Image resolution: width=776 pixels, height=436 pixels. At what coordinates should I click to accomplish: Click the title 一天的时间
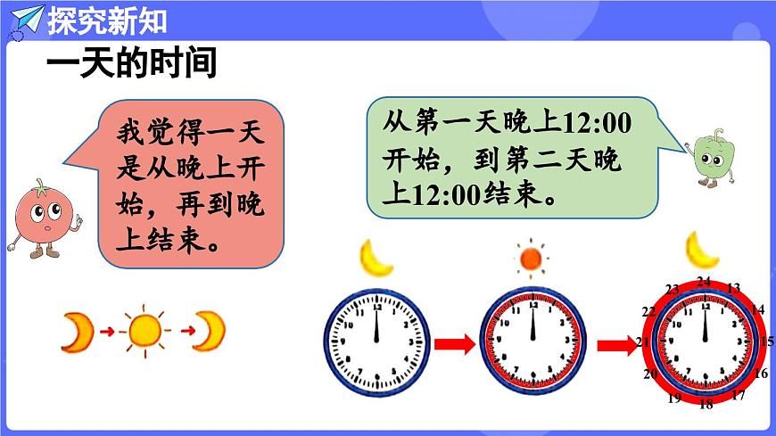tap(132, 64)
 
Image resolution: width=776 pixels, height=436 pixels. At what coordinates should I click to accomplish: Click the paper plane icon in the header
tap(26, 19)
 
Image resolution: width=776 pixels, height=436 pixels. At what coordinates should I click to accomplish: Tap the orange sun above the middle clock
tap(531, 259)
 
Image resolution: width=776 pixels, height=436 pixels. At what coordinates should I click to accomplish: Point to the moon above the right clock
tap(701, 251)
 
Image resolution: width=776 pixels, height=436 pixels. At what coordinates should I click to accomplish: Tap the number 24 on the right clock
tap(704, 282)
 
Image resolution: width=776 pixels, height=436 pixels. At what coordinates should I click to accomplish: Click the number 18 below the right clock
tap(706, 404)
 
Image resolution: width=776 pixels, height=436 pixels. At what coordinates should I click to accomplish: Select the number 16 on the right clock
tap(761, 374)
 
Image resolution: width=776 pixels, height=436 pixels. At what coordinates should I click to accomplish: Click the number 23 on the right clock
tap(673, 288)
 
